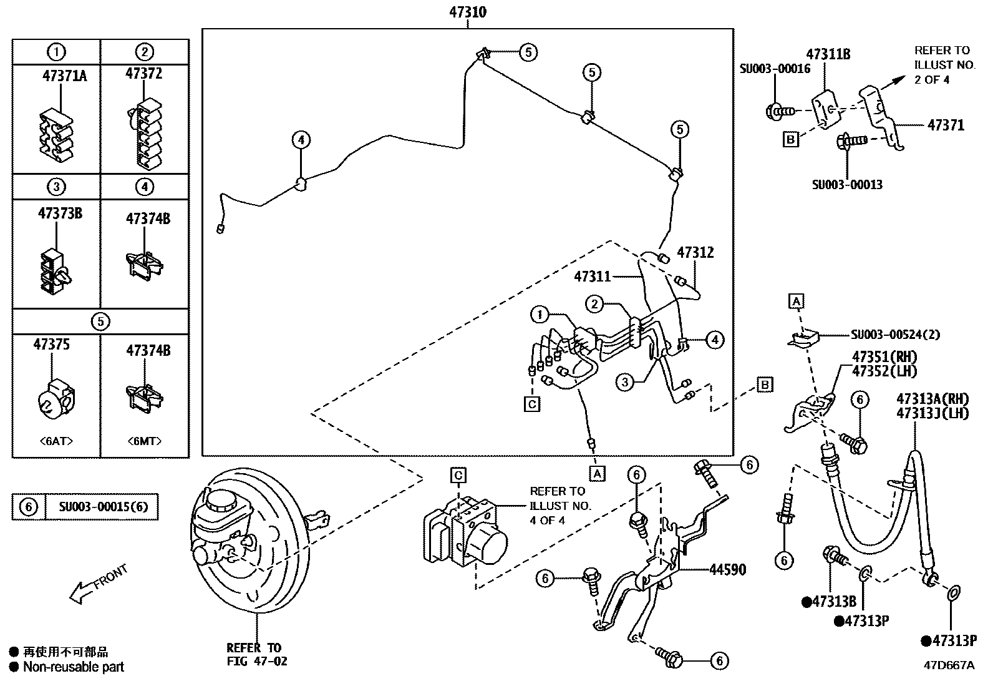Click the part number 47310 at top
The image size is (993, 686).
click(467, 12)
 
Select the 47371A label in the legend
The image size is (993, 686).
click(64, 76)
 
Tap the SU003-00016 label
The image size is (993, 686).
click(775, 69)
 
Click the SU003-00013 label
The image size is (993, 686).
click(846, 185)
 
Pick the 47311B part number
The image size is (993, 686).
click(828, 54)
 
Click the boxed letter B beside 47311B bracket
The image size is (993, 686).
click(790, 139)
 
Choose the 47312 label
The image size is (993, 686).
click(695, 253)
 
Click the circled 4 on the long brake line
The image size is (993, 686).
click(301, 140)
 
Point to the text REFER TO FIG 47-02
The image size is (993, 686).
click(256, 654)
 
